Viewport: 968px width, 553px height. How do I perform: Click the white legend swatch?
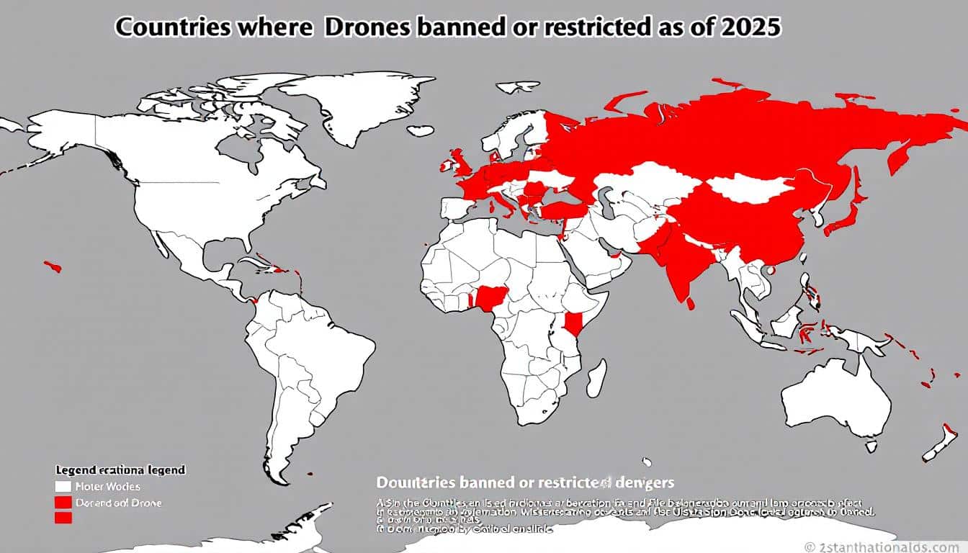[x=63, y=487]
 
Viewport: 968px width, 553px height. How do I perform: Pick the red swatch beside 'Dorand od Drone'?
[x=63, y=502]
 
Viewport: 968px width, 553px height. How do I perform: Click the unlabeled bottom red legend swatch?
[x=63, y=517]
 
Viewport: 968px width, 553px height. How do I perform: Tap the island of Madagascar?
[x=596, y=377]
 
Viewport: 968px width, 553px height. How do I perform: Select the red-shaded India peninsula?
[x=681, y=270]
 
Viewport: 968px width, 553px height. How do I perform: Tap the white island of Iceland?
[x=420, y=131]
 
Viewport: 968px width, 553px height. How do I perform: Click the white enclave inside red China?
[x=749, y=186]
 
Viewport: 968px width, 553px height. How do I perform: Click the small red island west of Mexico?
[x=53, y=266]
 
